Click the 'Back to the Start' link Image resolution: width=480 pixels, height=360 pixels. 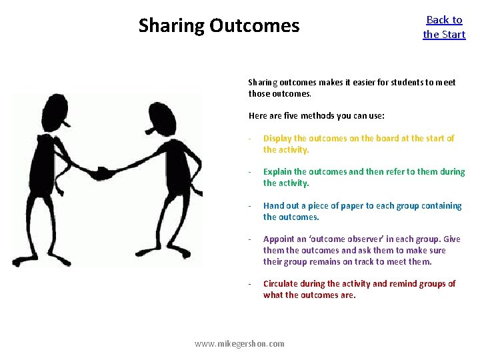[444, 27]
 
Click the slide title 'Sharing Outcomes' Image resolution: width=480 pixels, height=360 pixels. [219, 26]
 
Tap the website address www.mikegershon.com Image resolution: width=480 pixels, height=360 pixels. [239, 343]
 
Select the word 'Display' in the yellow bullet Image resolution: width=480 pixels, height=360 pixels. [277, 139]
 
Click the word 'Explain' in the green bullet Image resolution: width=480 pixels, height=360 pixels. [277, 172]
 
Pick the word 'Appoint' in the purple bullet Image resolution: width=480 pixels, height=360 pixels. [279, 239]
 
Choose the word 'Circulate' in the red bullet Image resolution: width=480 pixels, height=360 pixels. [282, 284]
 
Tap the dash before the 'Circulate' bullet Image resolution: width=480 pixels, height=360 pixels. [249, 284]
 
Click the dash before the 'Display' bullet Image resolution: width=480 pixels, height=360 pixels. [249, 139]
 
